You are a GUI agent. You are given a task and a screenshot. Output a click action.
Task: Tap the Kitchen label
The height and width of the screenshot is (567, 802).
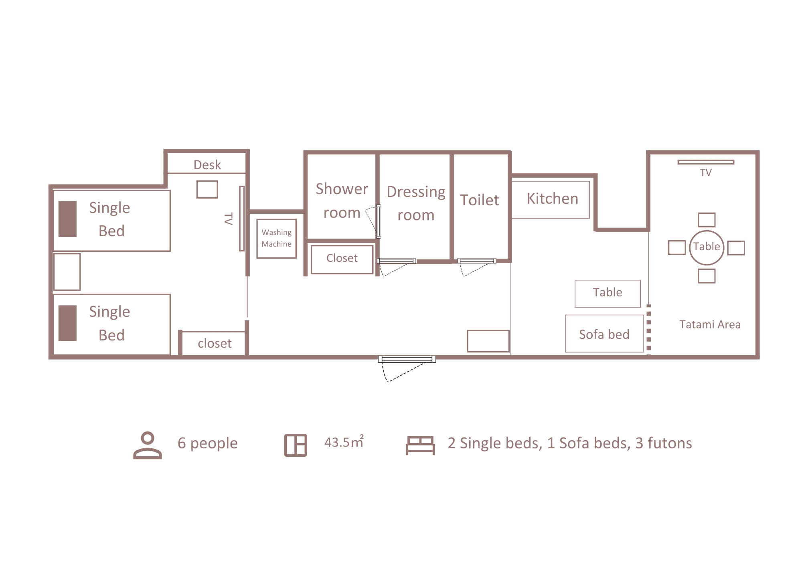pos(552,198)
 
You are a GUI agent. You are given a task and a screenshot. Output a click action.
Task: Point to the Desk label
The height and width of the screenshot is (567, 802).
pos(207,165)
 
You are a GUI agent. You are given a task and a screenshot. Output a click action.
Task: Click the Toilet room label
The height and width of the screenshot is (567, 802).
pos(479,200)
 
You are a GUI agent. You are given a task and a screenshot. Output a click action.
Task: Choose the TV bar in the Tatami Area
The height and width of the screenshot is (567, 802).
pos(706,162)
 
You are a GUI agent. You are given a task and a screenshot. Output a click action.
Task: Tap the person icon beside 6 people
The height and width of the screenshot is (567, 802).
pos(148,445)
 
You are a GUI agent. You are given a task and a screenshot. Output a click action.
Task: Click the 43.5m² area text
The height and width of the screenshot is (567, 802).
pos(344,441)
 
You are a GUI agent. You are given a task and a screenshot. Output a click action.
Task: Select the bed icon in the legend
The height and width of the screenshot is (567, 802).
pos(420,445)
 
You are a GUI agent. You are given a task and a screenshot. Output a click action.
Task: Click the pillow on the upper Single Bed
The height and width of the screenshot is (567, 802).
pos(67,219)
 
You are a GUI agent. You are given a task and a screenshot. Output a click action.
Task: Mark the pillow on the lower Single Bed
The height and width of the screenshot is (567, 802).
pos(67,323)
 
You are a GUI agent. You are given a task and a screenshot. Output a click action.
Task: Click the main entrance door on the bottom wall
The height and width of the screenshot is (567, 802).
pos(407,359)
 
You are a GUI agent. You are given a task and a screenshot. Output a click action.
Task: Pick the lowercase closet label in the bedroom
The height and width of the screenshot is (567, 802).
pos(215,343)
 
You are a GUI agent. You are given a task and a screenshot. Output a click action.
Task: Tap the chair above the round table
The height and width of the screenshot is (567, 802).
pos(707,220)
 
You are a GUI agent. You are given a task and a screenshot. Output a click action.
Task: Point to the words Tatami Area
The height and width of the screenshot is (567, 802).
pos(710,324)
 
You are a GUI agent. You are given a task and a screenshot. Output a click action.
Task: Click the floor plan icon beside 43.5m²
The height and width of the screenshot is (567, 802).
pos(296,445)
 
